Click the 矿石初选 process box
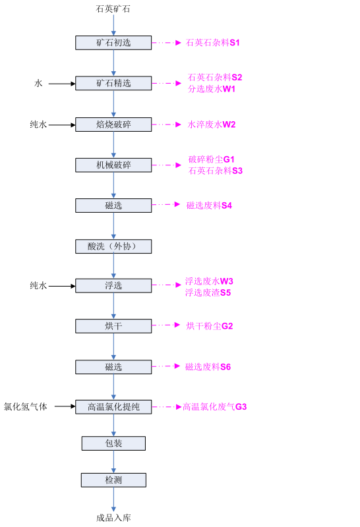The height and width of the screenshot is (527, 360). pos(113,43)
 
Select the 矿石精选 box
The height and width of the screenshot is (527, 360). pos(113,83)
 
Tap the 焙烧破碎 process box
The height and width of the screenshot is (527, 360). pos(113,125)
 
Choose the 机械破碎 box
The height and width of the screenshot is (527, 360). pos(113,165)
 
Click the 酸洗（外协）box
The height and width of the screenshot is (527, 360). pos(113,246)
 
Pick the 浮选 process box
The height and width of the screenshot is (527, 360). pos(113,286)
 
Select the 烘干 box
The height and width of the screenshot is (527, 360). pos(113,326)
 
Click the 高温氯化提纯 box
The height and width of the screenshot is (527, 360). pos(113,406)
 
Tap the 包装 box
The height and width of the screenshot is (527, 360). pos(113,443)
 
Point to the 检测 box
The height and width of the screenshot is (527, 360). pos(113,480)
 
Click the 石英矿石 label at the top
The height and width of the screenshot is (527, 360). pos(113,9)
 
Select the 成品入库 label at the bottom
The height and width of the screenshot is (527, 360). pos(113,518)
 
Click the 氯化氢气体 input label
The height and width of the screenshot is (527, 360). pos(26,406)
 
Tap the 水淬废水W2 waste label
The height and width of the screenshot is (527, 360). pos(211,125)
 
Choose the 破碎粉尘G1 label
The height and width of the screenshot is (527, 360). pos(211,159)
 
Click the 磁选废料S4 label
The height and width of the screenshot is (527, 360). pos(209,206)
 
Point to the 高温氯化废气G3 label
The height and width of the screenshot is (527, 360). pos(215,406)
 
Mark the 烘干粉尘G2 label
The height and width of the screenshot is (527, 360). pos(209,326)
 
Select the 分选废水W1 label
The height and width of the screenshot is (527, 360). pos(211,89)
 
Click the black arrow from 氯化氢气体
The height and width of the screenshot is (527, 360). pos(65,406)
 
